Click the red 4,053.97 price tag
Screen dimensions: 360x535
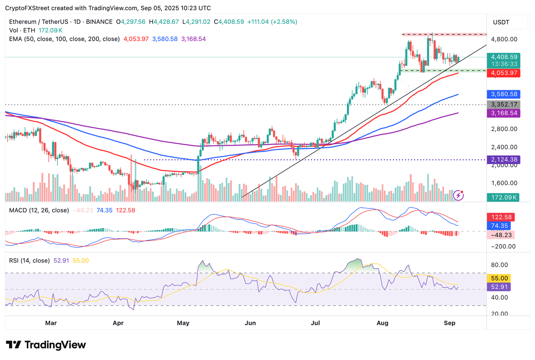(503, 73)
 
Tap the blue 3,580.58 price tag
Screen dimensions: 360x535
(503, 94)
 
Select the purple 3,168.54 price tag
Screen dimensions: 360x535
(503, 113)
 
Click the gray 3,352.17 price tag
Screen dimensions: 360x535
(503, 104)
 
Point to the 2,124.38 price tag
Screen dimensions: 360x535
(503, 160)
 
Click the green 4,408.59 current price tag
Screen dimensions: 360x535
(503, 57)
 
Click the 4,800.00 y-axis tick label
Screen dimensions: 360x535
(504, 39)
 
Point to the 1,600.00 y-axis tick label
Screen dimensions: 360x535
(504, 183)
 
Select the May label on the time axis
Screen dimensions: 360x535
(183, 323)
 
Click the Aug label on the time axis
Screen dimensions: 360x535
(382, 323)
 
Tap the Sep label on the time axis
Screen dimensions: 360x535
(450, 323)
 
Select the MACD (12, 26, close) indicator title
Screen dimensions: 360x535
(39, 210)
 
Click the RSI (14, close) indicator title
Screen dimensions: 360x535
(29, 260)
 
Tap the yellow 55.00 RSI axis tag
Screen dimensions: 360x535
(499, 279)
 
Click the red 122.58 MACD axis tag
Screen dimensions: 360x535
(501, 217)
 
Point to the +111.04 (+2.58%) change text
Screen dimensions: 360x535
(272, 22)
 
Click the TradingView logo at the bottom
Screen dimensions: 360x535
(46, 345)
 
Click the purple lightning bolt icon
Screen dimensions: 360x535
(458, 195)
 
